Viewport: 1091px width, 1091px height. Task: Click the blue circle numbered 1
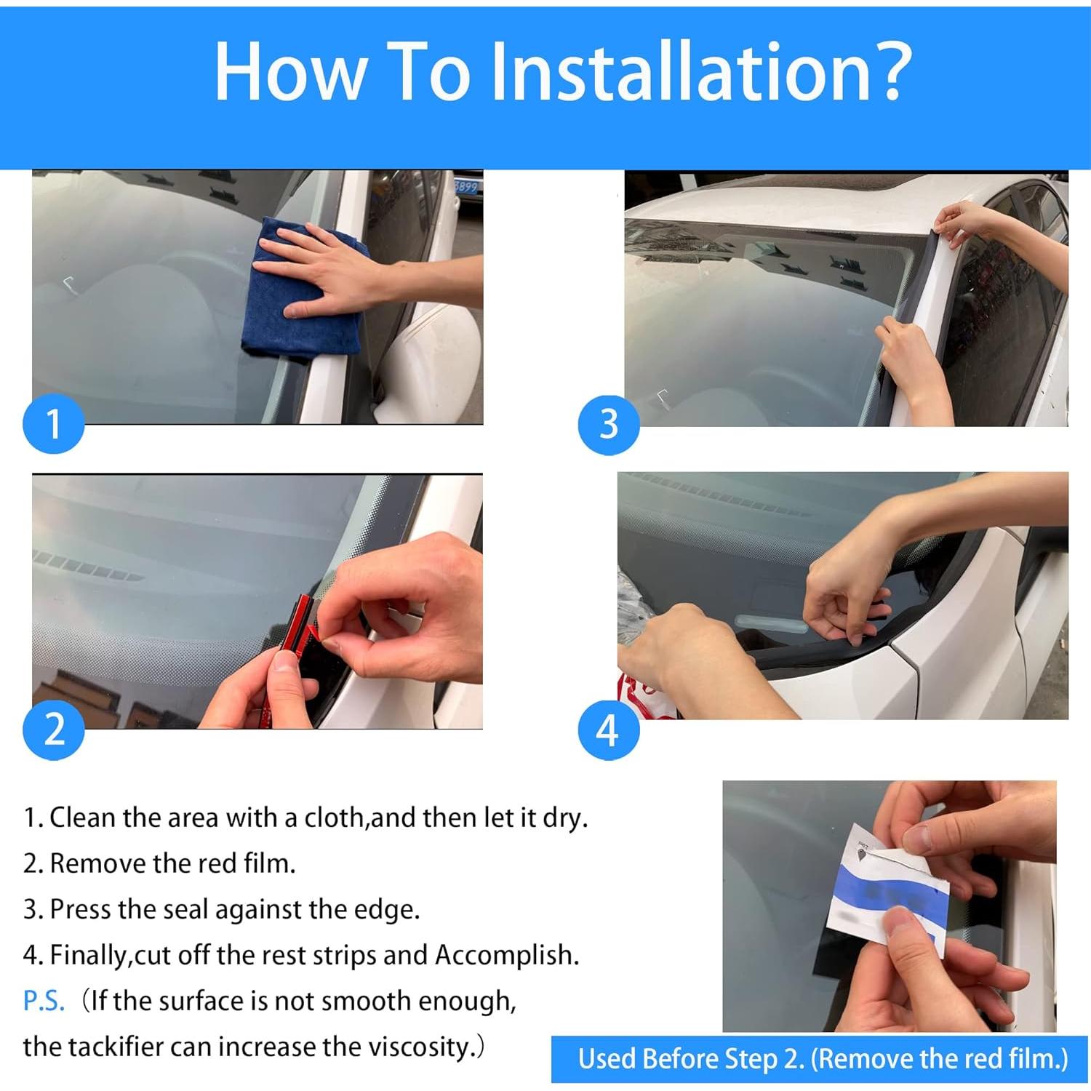click(x=54, y=424)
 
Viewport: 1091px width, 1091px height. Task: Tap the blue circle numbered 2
click(x=54, y=730)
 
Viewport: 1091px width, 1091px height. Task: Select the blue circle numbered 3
click(x=609, y=425)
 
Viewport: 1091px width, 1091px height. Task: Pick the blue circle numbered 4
click(x=609, y=730)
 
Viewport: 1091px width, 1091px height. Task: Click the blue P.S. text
click(x=44, y=1002)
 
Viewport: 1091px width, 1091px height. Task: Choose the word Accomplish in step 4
click(x=507, y=956)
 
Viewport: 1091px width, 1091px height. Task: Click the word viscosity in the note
click(x=418, y=1047)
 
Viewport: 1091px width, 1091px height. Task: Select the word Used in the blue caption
click(x=607, y=1059)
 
